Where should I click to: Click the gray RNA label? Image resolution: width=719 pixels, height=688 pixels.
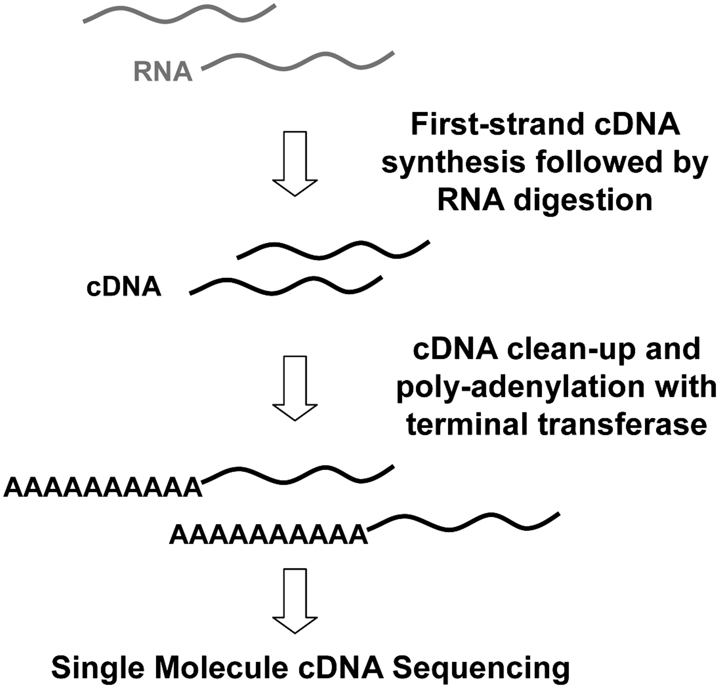click(163, 71)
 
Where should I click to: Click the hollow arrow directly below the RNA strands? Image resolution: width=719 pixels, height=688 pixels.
click(295, 163)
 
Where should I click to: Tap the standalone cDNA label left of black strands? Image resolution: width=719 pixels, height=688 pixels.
click(124, 287)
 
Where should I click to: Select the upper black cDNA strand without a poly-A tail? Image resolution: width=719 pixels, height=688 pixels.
click(334, 250)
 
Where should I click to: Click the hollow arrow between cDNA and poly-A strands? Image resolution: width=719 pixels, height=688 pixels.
click(295, 387)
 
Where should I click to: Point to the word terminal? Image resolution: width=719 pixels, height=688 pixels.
click(467, 424)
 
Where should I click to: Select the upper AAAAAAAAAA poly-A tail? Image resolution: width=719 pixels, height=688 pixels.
click(103, 487)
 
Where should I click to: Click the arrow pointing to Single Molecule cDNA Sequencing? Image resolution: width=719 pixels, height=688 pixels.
click(295, 601)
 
